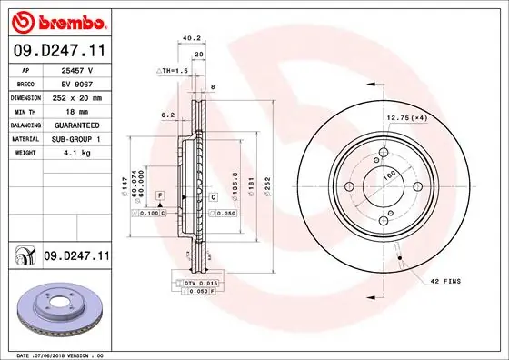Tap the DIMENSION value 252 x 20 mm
pos(77,96)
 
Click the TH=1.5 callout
pos(173,70)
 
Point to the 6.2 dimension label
pos(167,115)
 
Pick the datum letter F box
pos(159,195)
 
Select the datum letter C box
pos(214,197)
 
